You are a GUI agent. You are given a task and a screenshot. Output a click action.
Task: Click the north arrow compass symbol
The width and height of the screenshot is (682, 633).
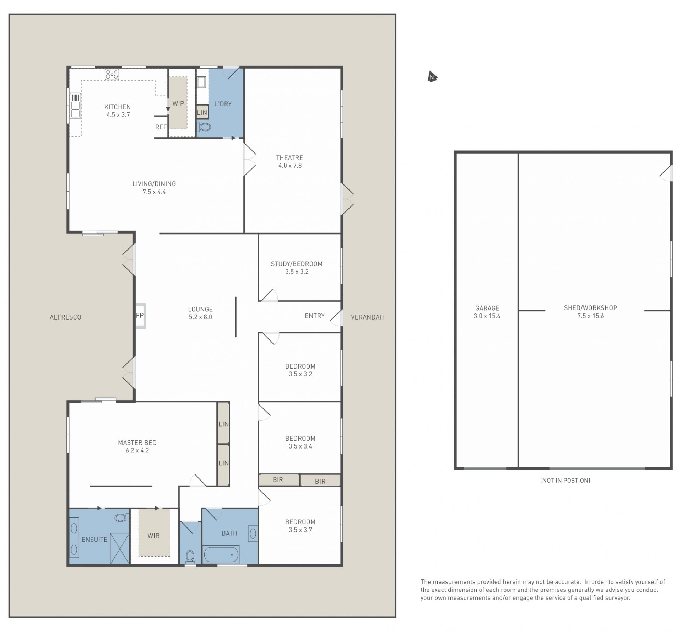tap(432, 77)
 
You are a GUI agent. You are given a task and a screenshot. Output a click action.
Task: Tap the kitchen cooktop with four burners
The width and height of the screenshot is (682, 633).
tap(112, 74)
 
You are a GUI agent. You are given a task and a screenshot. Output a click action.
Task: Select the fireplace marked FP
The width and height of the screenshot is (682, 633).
tap(140, 316)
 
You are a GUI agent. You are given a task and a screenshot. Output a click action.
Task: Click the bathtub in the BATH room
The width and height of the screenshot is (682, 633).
tap(221, 554)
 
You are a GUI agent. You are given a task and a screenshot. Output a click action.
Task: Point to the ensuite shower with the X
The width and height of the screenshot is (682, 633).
tap(120, 548)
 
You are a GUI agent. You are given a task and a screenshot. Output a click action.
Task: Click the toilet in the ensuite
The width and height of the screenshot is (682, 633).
tap(122, 518)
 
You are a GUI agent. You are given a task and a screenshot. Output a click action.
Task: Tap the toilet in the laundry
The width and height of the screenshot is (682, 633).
tap(204, 127)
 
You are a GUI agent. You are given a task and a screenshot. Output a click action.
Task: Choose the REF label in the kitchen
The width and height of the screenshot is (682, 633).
tap(161, 127)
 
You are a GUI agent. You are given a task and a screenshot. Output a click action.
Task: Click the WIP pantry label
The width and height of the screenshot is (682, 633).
tap(178, 103)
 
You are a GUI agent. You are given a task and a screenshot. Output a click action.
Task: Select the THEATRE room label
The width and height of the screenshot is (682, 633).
tap(289, 158)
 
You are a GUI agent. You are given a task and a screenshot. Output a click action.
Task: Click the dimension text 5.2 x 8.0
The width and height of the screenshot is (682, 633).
tap(200, 317)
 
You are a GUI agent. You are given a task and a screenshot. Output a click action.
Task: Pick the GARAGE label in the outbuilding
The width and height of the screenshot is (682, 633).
tap(487, 308)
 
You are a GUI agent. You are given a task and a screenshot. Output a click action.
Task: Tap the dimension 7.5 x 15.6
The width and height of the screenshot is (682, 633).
tap(590, 316)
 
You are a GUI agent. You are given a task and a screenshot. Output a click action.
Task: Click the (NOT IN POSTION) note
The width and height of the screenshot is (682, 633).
tap(565, 481)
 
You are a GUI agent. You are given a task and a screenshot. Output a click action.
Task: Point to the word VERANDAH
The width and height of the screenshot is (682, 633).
tap(367, 317)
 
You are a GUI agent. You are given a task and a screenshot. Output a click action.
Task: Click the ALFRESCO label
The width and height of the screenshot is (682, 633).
tap(65, 317)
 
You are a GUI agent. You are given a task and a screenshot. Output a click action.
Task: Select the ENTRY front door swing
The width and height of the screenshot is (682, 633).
tap(336, 318)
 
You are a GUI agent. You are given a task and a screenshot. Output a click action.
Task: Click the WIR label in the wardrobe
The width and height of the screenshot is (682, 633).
tap(153, 536)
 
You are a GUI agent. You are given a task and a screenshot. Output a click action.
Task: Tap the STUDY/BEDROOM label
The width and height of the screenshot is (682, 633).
tap(297, 264)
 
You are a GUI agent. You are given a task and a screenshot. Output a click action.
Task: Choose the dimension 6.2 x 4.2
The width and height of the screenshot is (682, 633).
tap(137, 450)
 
